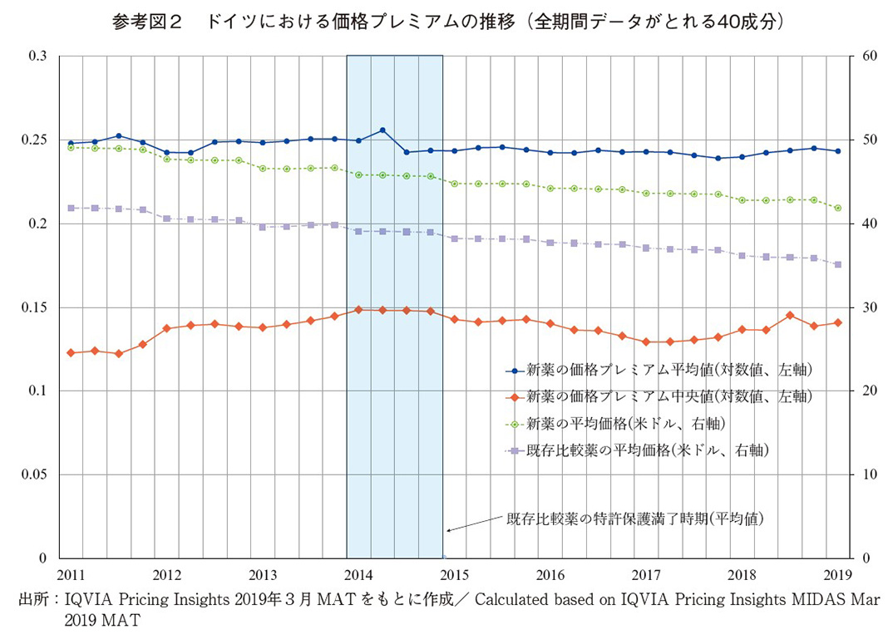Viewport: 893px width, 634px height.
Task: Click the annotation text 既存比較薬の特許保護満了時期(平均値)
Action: coord(635,519)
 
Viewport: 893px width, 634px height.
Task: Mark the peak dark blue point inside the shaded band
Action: coord(382,130)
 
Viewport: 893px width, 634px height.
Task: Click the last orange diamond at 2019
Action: coord(837,322)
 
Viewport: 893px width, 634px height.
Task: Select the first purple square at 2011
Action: coord(72,208)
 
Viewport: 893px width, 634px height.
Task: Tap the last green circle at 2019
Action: coord(837,208)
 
